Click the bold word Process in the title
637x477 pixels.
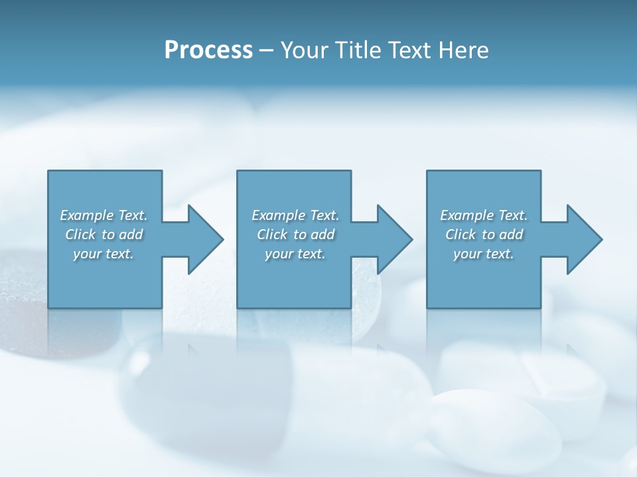208,50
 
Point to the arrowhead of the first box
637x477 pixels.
206,239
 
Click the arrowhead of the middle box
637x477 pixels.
395,239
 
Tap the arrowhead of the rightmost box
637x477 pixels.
584,239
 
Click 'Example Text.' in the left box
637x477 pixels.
104,215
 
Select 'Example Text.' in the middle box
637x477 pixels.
295,215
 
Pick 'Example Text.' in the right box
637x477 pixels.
484,215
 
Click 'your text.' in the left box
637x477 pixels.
104,254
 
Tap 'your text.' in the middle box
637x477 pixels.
295,254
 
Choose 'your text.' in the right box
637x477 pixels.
484,254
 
